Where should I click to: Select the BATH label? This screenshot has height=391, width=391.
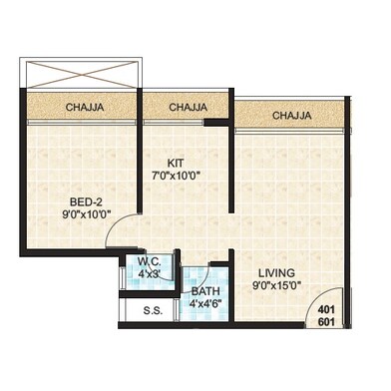click(205, 292)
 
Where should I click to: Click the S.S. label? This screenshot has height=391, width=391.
click(153, 311)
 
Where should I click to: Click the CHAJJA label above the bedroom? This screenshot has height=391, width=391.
click(87, 107)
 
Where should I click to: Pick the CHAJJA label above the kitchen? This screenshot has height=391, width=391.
click(188, 107)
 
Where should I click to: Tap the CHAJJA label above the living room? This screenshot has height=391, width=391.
click(290, 115)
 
